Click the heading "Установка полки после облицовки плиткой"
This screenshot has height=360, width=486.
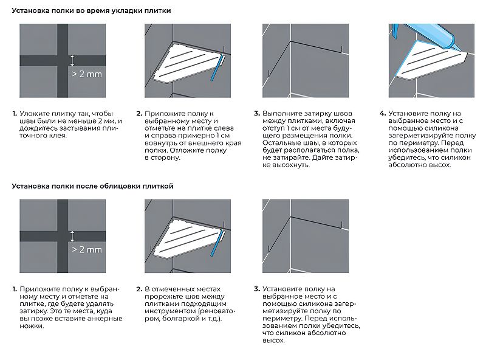click(93, 186)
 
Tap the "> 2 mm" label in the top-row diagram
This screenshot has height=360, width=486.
click(87, 74)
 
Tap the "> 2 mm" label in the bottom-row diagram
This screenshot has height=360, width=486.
click(87, 249)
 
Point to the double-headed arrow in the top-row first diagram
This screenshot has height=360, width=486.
click(72, 60)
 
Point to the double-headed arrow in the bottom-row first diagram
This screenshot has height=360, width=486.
click(72, 236)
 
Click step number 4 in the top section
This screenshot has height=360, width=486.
click(382, 114)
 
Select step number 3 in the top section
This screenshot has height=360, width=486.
click(257, 114)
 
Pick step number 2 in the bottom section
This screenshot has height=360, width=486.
click(139, 289)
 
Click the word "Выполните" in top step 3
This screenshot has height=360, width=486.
click(282, 114)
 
